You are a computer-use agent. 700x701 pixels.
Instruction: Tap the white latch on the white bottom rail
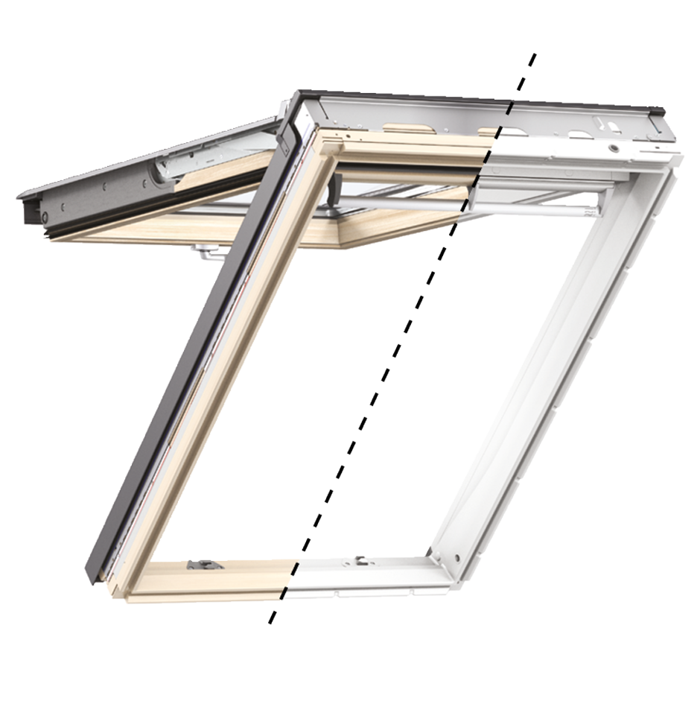[361, 559]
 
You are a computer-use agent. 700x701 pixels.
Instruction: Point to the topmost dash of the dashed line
[532, 60]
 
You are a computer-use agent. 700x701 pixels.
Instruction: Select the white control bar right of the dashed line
[536, 203]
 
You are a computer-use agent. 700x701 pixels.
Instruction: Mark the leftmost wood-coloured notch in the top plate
[408, 129]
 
